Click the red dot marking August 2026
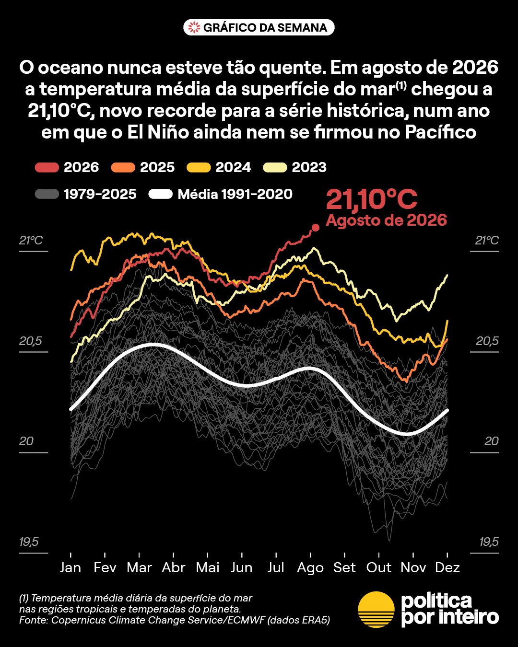pos(315,228)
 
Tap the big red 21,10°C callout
pos(372,199)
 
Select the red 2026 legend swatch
pos(47,167)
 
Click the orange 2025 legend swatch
pos(123,167)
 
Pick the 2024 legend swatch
pos(199,167)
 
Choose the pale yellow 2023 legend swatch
pos(275,167)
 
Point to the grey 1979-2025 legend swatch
pos(47,194)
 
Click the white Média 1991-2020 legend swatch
pos(161,194)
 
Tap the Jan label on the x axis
pos(71,567)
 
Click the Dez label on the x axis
pos(447,567)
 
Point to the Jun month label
pos(242,567)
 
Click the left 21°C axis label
pos(31,240)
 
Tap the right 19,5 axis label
pos(489,542)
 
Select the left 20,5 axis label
pos(31,341)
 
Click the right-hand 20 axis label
pos(492,441)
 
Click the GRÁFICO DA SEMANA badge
pos(259,27)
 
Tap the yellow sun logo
pos(376,610)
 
